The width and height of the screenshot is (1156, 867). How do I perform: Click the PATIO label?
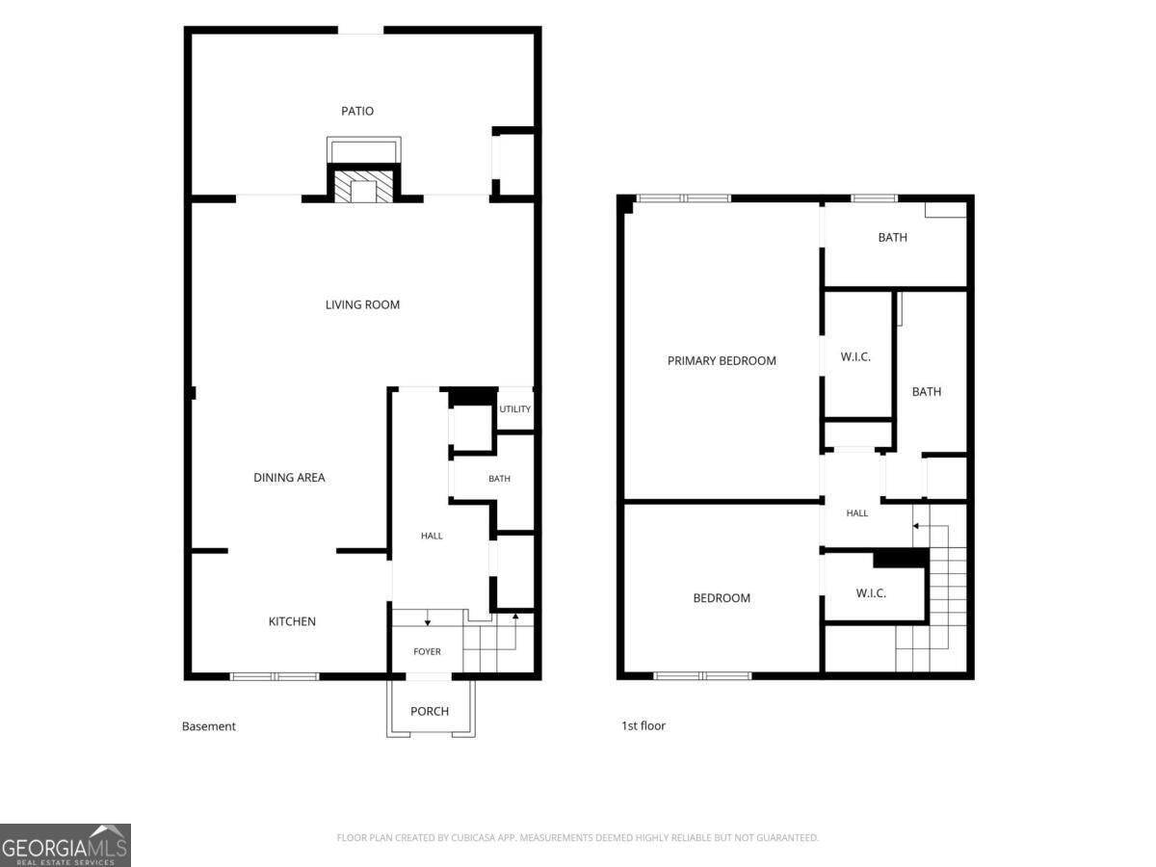coord(357,111)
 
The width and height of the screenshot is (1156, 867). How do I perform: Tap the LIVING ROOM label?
coord(362,304)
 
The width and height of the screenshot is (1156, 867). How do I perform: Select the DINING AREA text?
coord(289,478)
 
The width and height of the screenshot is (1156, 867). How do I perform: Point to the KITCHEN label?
coord(292,621)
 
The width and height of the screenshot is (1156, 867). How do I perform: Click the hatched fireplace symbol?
coord(363,186)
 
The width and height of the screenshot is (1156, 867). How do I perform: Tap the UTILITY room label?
coord(514,409)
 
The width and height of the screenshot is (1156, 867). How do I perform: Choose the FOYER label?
coord(427,652)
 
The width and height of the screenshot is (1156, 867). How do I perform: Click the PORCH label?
coord(430,711)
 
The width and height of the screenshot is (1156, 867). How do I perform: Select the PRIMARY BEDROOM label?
coord(722,361)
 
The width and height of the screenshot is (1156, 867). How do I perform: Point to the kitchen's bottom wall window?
coord(275,676)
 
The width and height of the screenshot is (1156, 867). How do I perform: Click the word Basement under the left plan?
coord(208,726)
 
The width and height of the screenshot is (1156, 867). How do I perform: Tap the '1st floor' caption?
coord(644,726)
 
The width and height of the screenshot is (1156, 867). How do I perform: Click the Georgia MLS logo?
coord(66,846)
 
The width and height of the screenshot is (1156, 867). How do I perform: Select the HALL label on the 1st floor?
coord(856,513)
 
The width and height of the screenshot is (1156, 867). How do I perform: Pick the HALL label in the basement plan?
coord(432,536)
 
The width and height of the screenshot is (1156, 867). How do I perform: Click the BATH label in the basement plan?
coord(499,479)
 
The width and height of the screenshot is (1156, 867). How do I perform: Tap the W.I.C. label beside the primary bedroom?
coord(855,356)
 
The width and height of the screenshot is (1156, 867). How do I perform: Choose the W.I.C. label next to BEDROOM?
coord(871,593)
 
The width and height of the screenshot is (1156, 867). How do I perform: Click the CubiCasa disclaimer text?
coord(577,837)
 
